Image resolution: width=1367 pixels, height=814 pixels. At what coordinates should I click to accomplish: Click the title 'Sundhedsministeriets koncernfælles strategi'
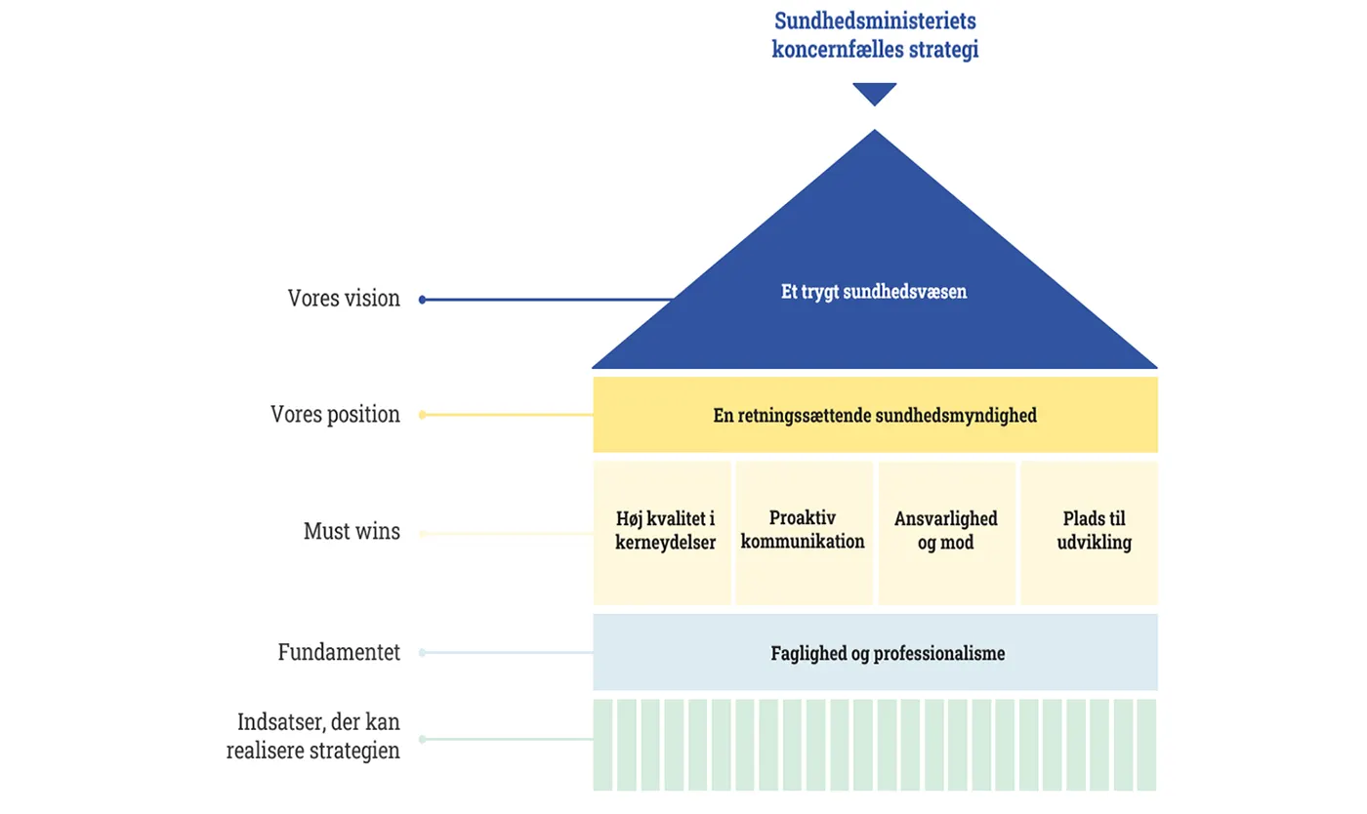click(x=875, y=35)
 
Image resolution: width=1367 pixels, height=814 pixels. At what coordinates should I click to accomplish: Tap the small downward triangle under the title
click(x=874, y=93)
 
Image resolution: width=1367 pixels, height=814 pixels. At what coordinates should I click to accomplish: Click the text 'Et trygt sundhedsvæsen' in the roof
click(x=874, y=292)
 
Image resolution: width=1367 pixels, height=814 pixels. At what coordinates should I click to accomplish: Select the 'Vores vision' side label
click(x=344, y=299)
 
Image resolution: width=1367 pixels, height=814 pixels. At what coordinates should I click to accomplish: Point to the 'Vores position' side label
click(x=335, y=414)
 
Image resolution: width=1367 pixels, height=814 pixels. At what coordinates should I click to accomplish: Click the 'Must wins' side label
click(x=352, y=532)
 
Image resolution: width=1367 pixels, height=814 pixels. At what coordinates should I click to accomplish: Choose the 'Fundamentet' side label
click(x=339, y=652)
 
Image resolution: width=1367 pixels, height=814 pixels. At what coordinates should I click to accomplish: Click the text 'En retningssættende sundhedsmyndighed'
click(x=874, y=416)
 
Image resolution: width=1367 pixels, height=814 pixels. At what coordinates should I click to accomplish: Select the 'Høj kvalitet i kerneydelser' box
click(x=664, y=532)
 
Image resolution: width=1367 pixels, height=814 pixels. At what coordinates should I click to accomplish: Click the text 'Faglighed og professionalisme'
click(x=887, y=653)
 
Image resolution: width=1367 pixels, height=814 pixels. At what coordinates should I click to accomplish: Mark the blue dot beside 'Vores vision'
click(x=422, y=300)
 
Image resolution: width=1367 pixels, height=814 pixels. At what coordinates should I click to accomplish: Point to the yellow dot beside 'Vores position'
click(x=422, y=415)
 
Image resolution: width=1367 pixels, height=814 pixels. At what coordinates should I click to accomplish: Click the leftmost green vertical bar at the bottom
click(x=602, y=744)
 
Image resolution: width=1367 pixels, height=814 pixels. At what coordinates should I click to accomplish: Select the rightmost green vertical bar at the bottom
click(x=1146, y=744)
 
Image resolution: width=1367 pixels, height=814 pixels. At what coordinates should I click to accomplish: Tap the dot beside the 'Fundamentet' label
click(x=422, y=653)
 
